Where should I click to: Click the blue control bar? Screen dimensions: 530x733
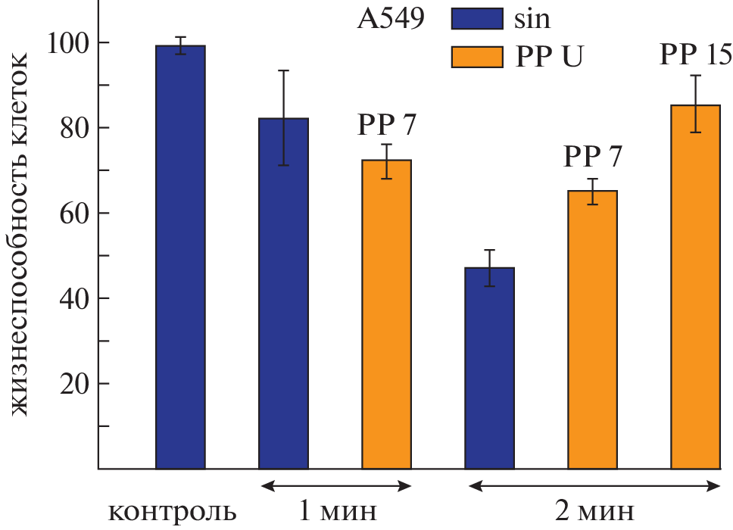(x=180, y=257)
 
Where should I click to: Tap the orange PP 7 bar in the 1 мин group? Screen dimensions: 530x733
(x=386, y=314)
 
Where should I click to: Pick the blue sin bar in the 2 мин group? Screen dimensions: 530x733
(x=489, y=368)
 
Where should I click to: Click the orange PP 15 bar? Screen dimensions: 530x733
(x=695, y=287)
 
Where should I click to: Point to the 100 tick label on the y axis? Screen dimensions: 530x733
(x=66, y=42)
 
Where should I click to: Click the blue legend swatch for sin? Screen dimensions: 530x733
(x=476, y=20)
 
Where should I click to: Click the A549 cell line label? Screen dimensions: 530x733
(x=390, y=20)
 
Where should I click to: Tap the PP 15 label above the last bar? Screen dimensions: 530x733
(x=695, y=55)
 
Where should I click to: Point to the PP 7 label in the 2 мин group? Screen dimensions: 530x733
(x=592, y=157)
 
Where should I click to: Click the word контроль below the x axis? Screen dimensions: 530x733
(x=173, y=512)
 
